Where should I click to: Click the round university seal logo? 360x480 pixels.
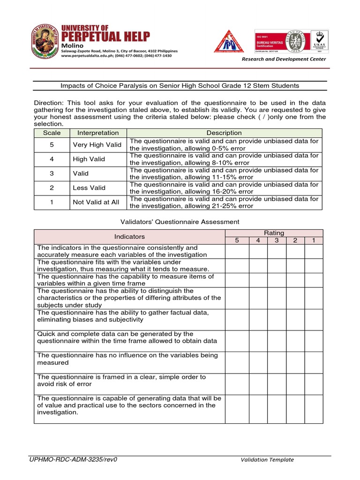(45, 42)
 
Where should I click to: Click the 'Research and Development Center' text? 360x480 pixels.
(284, 59)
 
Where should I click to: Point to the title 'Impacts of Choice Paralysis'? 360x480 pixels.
(180, 86)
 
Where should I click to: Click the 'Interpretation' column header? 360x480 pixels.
(98, 133)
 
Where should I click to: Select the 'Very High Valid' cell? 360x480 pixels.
(97, 145)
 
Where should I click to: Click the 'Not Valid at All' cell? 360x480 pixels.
(96, 202)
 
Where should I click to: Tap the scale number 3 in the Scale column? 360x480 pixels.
(52, 173)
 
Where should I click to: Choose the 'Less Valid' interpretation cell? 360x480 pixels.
(89, 188)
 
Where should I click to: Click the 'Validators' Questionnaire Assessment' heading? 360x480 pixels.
(180, 222)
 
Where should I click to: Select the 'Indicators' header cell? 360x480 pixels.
(130, 237)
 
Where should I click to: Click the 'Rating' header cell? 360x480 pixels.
(274, 233)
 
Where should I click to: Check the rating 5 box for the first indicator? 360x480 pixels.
(237, 251)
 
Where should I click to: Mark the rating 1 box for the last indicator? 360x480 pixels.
(313, 409)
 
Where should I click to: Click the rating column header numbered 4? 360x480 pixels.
(258, 240)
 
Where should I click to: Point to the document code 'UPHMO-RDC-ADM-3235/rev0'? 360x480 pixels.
(73, 459)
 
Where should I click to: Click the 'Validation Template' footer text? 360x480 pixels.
(267, 460)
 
